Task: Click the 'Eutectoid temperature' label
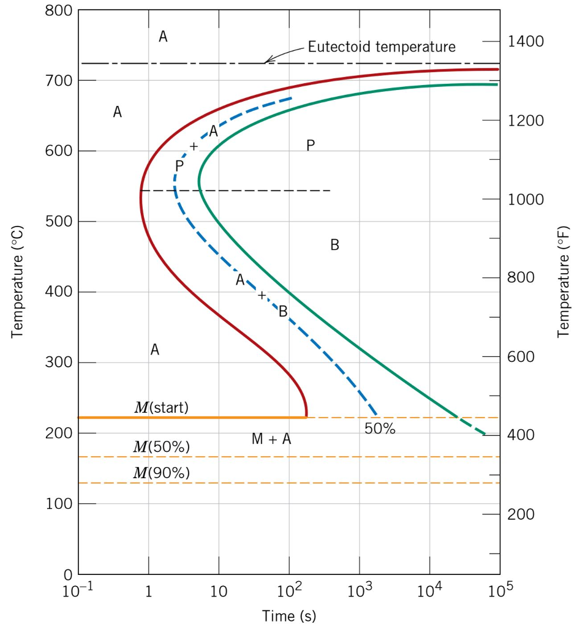point(381,47)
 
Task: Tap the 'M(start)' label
point(161,407)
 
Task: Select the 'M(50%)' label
point(161,447)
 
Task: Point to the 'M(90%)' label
point(161,473)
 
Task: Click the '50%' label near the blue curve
point(380,429)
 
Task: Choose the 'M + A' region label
point(271,439)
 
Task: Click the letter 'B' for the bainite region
point(334,245)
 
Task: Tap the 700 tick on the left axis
point(59,80)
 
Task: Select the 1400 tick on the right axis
point(526,42)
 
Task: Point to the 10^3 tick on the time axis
point(359,591)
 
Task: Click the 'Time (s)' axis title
point(289,615)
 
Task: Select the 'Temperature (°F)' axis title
point(563,282)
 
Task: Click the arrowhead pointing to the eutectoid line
point(266,61)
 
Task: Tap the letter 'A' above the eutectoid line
point(163,37)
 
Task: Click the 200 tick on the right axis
point(521,514)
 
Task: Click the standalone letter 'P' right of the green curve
point(311,145)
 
